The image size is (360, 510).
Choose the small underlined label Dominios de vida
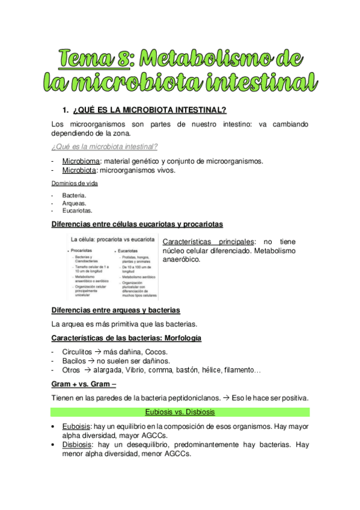(75, 183)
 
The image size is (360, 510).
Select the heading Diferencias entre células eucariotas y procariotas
(137, 224)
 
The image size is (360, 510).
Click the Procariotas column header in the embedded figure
(83, 250)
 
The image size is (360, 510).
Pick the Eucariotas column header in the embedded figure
(127, 250)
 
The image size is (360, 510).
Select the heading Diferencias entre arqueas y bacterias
(115, 310)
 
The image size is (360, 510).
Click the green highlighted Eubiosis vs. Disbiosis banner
(180, 412)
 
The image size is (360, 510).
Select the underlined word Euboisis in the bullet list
(75, 426)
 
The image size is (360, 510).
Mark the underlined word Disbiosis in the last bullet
(76, 445)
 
